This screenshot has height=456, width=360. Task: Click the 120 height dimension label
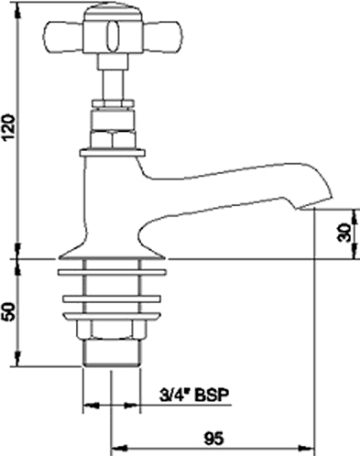[8, 127]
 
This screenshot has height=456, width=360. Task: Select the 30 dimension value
[344, 233]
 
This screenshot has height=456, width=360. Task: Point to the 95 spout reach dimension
[213, 440]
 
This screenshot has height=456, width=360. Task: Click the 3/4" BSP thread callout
[194, 396]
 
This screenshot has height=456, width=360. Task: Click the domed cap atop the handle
[112, 12]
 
